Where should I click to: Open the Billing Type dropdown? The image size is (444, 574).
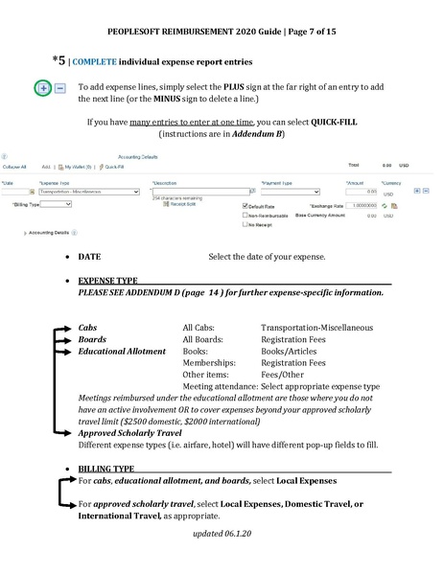[x=56, y=204]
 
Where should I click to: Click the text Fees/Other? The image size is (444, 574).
[x=284, y=375]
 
